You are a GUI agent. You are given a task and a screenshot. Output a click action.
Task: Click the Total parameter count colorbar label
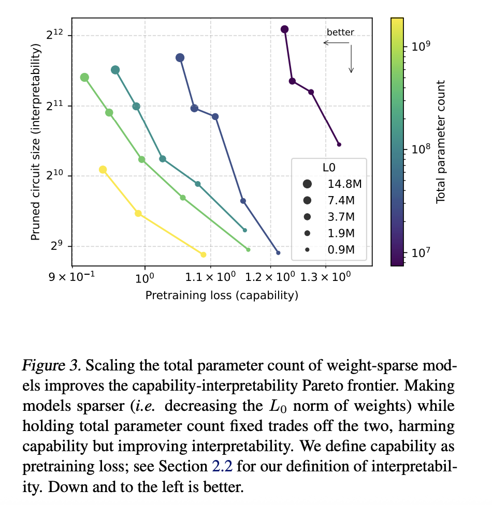pos(441,142)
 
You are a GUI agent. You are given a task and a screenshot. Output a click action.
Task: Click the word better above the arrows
pos(340,32)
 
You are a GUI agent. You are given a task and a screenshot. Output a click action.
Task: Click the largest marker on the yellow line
pos(103,170)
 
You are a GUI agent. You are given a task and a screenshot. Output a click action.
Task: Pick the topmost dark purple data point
pos(284,29)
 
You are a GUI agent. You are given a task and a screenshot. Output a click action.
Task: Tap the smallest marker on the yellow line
pos(204,255)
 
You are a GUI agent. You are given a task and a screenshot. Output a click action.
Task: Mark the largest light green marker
pos(84,78)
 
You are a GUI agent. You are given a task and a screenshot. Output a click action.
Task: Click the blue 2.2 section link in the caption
pos(219,467)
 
